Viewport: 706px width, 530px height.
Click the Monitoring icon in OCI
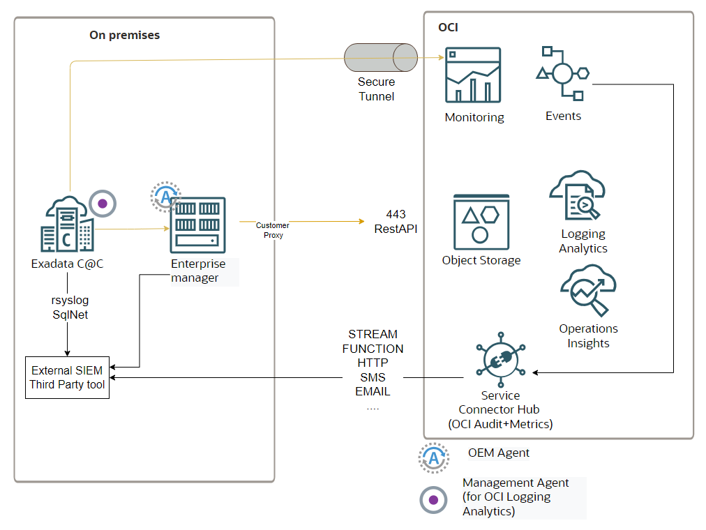coord(474,76)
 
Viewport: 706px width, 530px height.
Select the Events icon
coord(563,73)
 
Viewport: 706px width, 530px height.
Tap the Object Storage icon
coord(481,222)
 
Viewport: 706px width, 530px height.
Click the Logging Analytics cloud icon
coord(578,196)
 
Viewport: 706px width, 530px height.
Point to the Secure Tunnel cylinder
coord(381,58)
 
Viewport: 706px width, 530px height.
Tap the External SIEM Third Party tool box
coord(68,377)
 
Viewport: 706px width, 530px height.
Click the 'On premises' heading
coord(124,35)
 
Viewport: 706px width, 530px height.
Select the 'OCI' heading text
coord(448,27)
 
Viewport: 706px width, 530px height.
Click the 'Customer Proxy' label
coord(272,230)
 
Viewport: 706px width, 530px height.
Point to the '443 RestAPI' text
coord(396,221)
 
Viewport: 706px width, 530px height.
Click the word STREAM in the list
coord(373,334)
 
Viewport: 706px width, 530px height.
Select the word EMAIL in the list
coord(373,391)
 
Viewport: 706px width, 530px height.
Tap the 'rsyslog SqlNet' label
coord(71,308)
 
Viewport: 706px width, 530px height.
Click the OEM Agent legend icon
coord(434,457)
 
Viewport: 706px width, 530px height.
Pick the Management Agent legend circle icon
coord(434,500)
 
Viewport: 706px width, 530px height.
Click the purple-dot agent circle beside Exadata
coord(103,204)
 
